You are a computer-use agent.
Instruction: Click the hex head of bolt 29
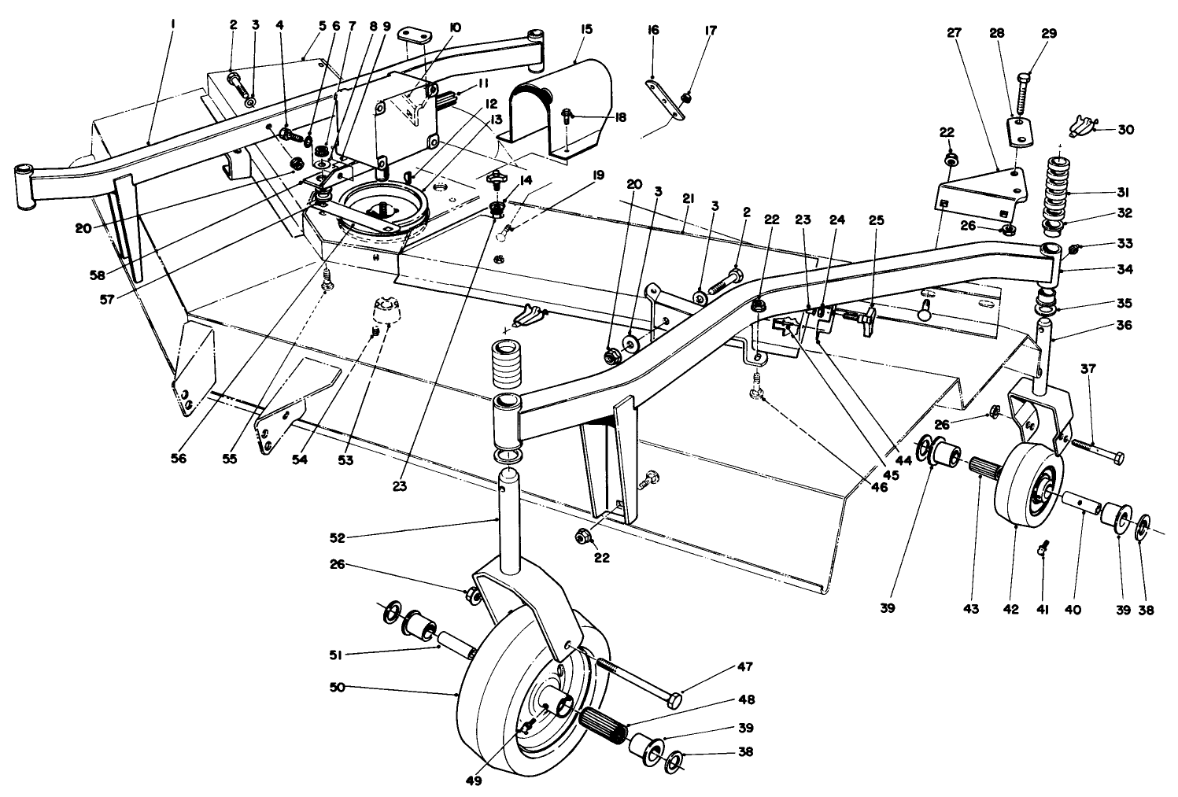click(1023, 78)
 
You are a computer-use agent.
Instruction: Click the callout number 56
click(179, 459)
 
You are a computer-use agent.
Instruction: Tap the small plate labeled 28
click(1020, 131)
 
